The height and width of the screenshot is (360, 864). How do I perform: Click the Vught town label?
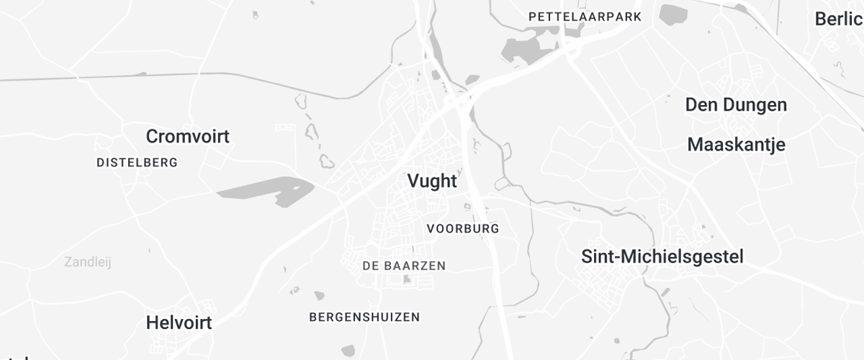pos(432,181)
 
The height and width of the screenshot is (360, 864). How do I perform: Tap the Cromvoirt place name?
pos(187,136)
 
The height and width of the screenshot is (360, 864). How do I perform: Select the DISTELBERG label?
pos(137,163)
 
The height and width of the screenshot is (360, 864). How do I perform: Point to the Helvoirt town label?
pos(179,323)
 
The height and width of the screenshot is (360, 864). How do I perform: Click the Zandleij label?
pos(87,262)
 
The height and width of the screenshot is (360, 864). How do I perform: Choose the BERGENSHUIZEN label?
pos(364,317)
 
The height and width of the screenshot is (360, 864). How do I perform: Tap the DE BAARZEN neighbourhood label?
pos(404,266)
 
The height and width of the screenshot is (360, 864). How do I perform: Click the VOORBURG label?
pos(462,229)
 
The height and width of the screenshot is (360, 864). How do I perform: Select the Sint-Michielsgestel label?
pos(662,256)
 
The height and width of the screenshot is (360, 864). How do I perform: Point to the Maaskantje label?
pos(736,144)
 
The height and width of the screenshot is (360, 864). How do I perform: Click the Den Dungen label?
pos(736,105)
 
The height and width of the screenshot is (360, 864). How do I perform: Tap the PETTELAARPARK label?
pos(584,16)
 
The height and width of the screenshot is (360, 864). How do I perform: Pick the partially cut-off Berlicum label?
pos(839,19)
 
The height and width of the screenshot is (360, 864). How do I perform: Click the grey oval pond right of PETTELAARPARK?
pos(673,14)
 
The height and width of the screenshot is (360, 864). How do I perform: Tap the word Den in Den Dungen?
pos(701,105)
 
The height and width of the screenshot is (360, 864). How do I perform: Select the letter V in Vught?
pos(413,181)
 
